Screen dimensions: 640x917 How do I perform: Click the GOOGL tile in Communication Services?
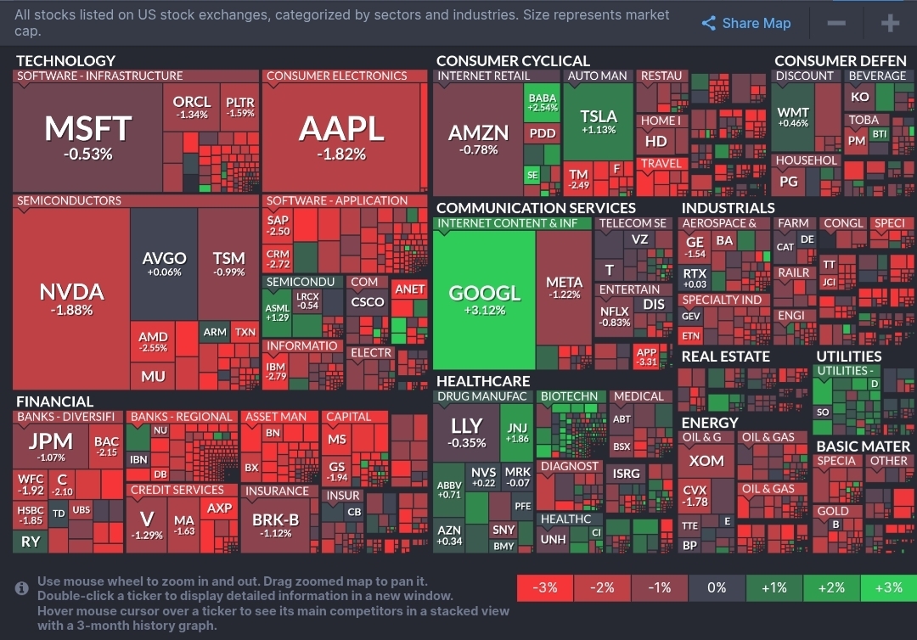(484, 299)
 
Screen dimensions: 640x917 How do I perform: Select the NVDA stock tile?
(71, 299)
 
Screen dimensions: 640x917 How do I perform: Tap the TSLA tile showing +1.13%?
(599, 121)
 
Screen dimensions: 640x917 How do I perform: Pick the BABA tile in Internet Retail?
(542, 103)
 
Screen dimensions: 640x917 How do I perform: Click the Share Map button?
(746, 24)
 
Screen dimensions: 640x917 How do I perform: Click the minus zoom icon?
(835, 24)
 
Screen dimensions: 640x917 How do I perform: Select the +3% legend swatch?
(888, 587)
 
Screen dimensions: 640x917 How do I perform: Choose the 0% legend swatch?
(717, 587)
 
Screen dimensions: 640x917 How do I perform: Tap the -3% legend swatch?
(545, 587)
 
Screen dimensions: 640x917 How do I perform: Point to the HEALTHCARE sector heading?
(483, 381)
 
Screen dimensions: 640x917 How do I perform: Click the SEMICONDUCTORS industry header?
(69, 201)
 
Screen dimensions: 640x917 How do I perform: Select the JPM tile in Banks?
(51, 446)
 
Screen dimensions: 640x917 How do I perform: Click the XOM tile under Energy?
(706, 461)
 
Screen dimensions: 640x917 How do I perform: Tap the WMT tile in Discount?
(793, 117)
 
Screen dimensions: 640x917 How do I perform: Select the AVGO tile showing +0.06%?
(164, 263)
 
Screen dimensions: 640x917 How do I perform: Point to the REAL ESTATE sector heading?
(725, 356)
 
